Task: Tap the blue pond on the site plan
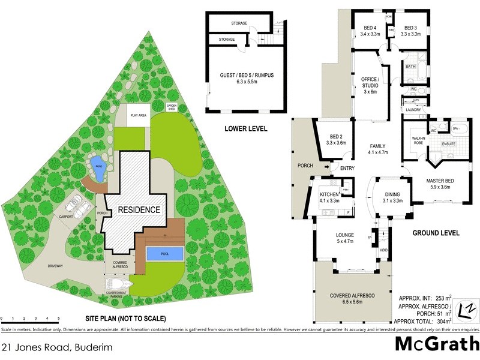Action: [97, 167]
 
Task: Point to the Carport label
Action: [66, 217]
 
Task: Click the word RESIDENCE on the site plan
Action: [139, 210]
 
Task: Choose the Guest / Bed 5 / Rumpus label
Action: [247, 78]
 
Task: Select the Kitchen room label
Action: [329, 197]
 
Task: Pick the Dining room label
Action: [392, 197]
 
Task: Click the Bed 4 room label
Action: [370, 31]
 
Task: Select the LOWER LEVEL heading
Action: [246, 128]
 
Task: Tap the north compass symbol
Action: [466, 311]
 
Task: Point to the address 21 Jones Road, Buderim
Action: [56, 347]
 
